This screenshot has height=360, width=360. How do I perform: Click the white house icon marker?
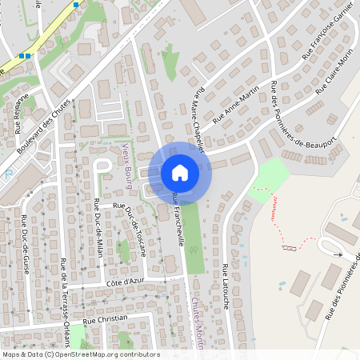pyautogui.click(x=180, y=172)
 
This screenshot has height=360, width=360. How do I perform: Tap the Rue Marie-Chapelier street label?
pyautogui.click(x=199, y=120)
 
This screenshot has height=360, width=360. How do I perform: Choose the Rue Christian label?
pyautogui.click(x=106, y=318)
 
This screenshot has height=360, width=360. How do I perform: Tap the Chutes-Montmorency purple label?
pyautogui.click(x=198, y=320)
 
